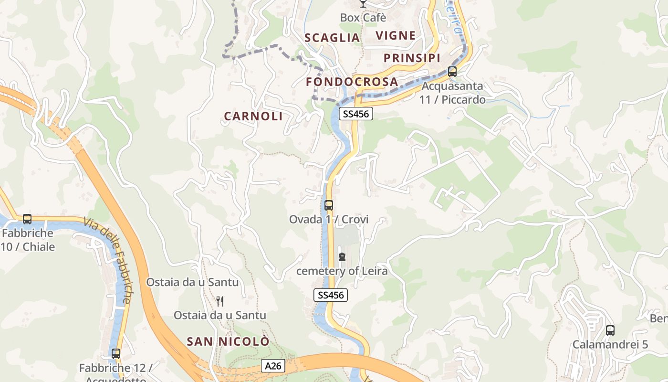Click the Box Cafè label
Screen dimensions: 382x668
click(x=363, y=18)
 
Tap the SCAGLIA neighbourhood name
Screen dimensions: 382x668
click(x=332, y=38)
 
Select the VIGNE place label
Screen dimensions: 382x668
click(x=396, y=35)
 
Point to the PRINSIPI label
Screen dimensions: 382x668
click(x=412, y=58)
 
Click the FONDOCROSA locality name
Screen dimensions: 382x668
click(x=352, y=82)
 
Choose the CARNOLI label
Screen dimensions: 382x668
click(x=253, y=116)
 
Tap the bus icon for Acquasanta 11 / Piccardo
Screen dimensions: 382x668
click(x=452, y=72)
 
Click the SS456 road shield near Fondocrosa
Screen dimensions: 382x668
click(x=356, y=114)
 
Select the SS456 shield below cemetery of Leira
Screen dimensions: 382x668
click(x=331, y=295)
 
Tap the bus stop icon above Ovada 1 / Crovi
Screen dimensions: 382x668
click(x=329, y=205)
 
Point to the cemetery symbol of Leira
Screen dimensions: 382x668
click(x=342, y=257)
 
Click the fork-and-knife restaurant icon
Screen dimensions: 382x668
click(x=220, y=301)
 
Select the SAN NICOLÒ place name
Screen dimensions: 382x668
click(x=228, y=341)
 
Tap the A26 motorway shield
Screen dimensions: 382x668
click(x=273, y=366)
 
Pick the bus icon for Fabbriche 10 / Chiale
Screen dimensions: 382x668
click(x=27, y=219)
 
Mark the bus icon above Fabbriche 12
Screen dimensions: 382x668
click(x=115, y=354)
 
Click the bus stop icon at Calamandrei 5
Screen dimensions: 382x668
click(x=610, y=330)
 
